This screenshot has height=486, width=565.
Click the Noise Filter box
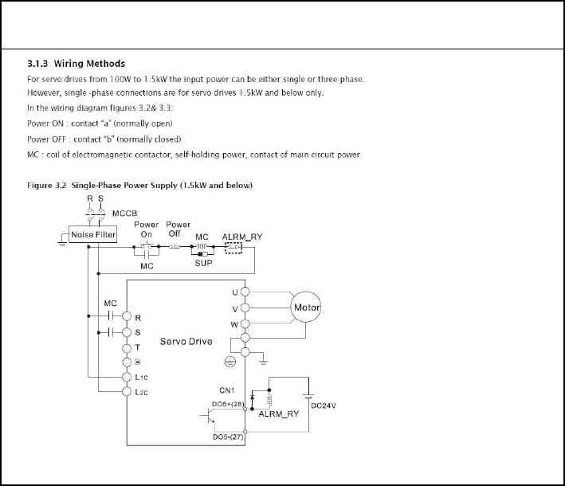94,235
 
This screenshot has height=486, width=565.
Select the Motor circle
307,308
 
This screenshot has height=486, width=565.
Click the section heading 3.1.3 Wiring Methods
76,63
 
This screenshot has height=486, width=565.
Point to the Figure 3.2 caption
139,186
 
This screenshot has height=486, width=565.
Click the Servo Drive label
186,342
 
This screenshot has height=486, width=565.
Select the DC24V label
323,406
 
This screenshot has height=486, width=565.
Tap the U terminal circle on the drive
245,292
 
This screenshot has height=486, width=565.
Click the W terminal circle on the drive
245,324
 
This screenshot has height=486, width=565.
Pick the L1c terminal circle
126,376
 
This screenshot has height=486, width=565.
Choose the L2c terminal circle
126,391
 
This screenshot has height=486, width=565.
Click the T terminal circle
126,347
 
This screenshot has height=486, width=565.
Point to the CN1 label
226,390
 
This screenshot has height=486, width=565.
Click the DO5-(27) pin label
228,437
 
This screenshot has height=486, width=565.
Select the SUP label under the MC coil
203,262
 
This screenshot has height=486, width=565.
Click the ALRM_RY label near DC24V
279,414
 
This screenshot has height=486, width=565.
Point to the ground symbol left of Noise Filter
61,242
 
